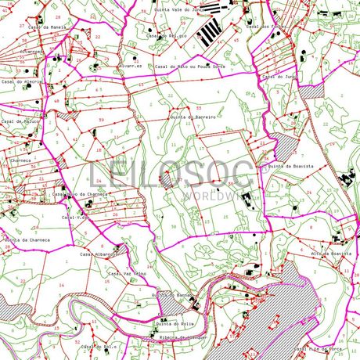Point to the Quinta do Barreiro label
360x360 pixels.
[x=193, y=116]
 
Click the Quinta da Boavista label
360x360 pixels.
[x=290, y=167]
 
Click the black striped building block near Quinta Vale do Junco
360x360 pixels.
[x=209, y=32]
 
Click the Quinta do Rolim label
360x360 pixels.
[x=175, y=323]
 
